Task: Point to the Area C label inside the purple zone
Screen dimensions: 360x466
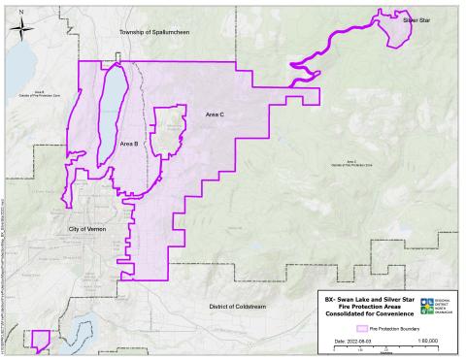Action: pos(215,115)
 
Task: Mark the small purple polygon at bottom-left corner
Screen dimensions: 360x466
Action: pos(41,340)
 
